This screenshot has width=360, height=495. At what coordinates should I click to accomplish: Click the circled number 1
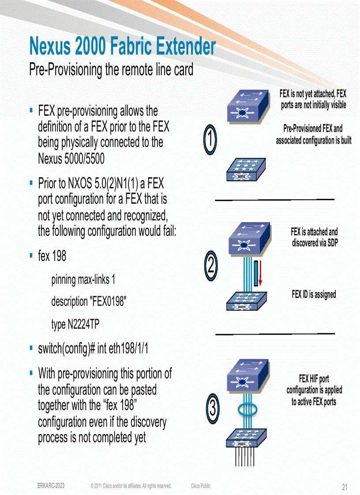[211, 140]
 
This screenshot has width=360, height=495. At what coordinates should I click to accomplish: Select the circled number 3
[212, 408]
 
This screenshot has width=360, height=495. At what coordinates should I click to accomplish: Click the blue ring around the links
[250, 409]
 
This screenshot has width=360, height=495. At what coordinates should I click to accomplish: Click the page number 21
[345, 487]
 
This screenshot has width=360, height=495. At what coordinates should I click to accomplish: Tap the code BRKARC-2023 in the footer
[51, 486]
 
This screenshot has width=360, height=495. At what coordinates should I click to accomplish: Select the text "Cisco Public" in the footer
[201, 486]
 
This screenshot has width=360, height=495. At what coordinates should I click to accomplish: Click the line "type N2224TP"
[75, 325]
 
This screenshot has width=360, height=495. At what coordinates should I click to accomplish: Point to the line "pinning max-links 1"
[83, 279]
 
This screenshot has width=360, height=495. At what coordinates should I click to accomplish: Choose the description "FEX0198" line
[89, 302]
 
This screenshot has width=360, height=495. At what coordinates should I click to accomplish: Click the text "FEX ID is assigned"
[314, 294]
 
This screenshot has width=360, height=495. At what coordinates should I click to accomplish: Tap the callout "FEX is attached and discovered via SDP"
[314, 237]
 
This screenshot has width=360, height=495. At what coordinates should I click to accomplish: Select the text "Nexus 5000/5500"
[71, 158]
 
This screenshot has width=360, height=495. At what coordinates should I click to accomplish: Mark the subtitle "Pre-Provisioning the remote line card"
[111, 70]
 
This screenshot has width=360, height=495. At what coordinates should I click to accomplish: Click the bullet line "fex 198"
[52, 256]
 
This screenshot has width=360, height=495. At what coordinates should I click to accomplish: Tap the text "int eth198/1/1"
[123, 349]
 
